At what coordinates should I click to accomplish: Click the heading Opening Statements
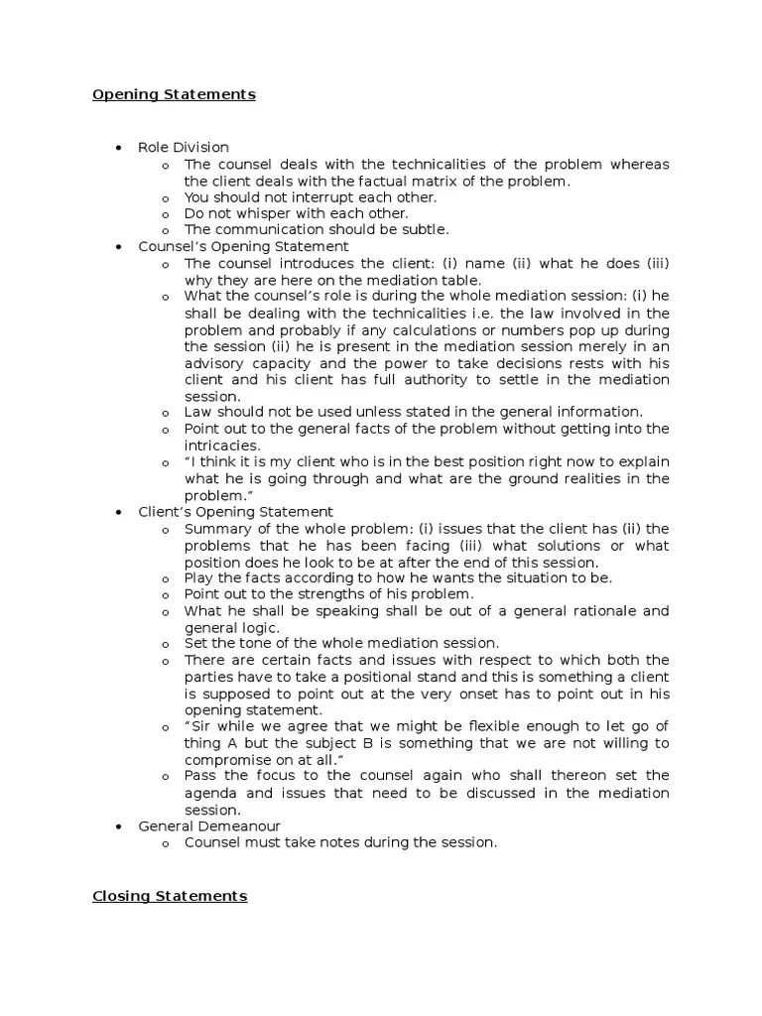(174, 95)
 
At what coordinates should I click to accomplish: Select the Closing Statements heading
(170, 896)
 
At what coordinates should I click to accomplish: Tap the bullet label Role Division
(184, 148)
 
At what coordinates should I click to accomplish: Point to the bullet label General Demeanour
(209, 825)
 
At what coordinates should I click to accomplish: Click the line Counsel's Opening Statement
(243, 246)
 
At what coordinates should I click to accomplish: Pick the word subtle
(428, 229)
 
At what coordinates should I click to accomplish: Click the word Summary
(213, 529)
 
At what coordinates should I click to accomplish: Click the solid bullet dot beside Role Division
(118, 148)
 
